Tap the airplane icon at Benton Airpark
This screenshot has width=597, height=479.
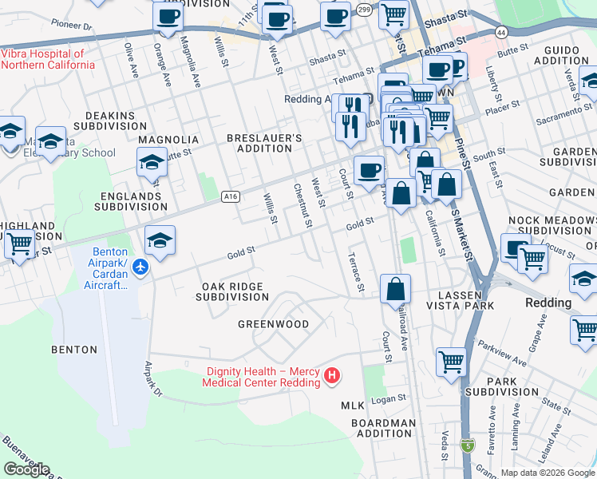tap(141, 267)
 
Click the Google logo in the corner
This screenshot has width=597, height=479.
tap(26, 469)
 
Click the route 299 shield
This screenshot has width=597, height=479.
tap(364, 10)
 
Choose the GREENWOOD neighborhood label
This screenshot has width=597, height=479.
tap(273, 324)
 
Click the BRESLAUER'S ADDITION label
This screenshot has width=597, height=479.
tap(264, 143)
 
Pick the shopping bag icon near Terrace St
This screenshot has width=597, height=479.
tap(395, 289)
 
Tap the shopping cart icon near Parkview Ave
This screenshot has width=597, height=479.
tap(451, 362)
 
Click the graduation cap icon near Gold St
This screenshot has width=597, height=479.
tap(160, 240)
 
